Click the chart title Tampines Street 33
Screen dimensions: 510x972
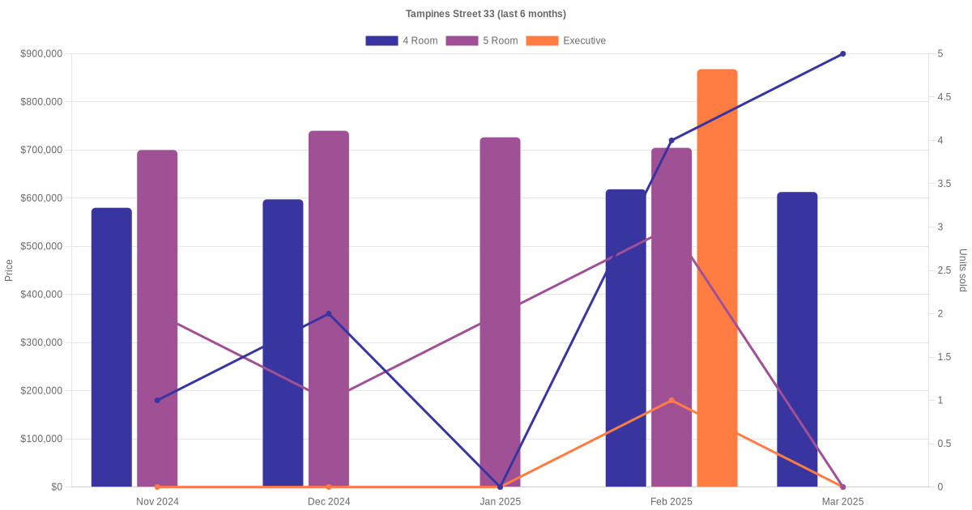(486, 14)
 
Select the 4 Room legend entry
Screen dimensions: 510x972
(402, 40)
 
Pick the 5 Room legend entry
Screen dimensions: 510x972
(482, 40)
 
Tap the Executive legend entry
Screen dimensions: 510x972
(566, 40)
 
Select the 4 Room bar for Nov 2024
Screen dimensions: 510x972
(112, 347)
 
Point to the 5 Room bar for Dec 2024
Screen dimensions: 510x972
(329, 308)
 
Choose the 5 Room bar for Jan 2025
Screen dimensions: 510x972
(500, 312)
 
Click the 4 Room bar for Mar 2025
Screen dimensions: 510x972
(797, 339)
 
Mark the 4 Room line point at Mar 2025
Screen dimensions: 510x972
(842, 53)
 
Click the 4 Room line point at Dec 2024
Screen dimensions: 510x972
(328, 313)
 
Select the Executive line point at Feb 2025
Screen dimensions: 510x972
(671, 400)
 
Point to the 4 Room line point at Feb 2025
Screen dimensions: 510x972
(671, 140)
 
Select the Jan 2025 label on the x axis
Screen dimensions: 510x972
(500, 502)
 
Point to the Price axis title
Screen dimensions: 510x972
(9, 270)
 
